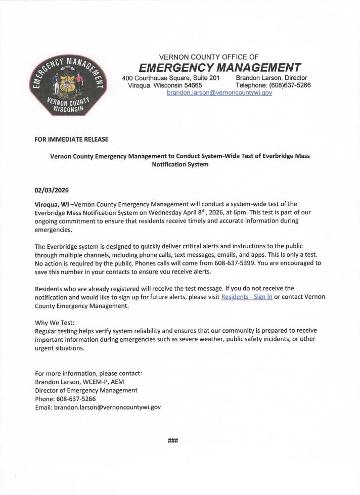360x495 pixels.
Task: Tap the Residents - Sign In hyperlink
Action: [x=247, y=297]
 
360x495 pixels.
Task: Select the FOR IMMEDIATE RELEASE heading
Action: [x=71, y=139]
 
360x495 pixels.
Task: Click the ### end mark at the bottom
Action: [x=173, y=440]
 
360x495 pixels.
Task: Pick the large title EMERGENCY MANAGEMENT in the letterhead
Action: [x=220, y=68]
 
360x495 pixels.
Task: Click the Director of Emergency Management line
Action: [x=86, y=390]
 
